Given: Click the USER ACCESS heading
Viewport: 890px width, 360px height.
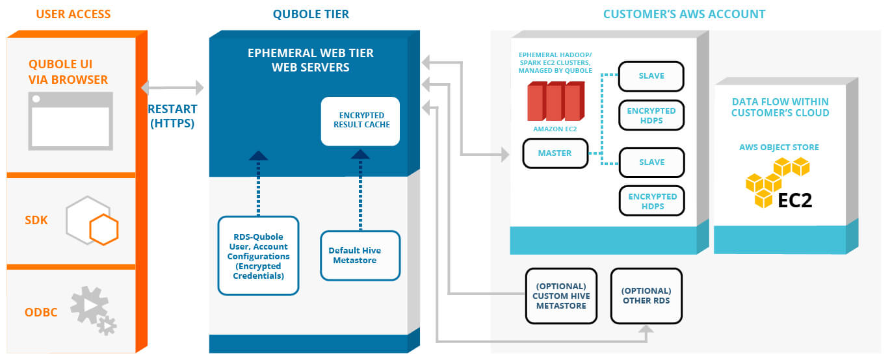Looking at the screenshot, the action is click(x=73, y=14).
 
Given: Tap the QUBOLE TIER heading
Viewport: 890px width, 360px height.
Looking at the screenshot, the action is click(x=311, y=14).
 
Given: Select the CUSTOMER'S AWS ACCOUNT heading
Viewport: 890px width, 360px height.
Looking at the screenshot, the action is click(x=684, y=14).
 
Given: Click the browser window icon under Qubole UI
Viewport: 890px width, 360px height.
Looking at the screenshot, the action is click(x=70, y=121).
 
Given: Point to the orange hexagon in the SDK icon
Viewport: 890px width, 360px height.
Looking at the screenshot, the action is click(x=104, y=229).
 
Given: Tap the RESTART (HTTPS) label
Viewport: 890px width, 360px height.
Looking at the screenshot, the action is click(x=172, y=116).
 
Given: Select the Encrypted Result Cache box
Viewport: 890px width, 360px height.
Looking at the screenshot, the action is click(x=360, y=122).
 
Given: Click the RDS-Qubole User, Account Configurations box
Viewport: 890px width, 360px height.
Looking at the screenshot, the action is click(x=258, y=255).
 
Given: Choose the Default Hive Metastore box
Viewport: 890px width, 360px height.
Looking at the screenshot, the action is click(x=360, y=255).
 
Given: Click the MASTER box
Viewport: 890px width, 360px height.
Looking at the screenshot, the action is click(x=555, y=153).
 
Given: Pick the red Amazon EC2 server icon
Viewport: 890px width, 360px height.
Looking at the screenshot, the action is click(x=556, y=101).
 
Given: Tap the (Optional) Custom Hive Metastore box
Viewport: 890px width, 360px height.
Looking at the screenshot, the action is click(x=561, y=296).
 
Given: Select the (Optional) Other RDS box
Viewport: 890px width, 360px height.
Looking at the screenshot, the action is click(x=646, y=296).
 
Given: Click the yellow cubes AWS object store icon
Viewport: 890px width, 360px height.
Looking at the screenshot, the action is click(x=776, y=182).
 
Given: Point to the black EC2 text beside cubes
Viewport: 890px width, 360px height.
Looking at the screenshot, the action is click(x=794, y=201).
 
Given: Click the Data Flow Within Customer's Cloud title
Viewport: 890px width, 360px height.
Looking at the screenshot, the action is click(x=780, y=107).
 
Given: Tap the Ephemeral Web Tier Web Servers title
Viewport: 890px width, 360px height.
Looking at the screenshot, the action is click(x=311, y=60).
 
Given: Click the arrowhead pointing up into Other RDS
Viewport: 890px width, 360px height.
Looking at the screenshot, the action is click(x=646, y=329).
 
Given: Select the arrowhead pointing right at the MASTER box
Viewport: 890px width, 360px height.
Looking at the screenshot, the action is click(x=505, y=155).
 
